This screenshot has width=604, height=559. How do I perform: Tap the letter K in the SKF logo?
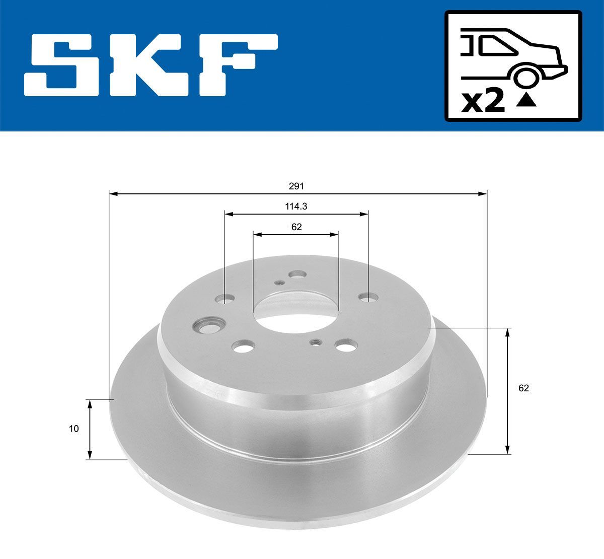(x=151, y=65)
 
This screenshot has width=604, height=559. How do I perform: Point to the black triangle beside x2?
(x=526, y=101)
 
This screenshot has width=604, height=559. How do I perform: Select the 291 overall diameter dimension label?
(x=296, y=186)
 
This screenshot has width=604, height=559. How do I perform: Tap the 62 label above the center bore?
(x=296, y=227)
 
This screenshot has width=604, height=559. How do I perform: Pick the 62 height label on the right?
(x=523, y=388)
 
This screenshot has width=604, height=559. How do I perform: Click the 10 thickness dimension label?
(x=74, y=429)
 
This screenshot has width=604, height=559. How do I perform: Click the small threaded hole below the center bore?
(x=316, y=342)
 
